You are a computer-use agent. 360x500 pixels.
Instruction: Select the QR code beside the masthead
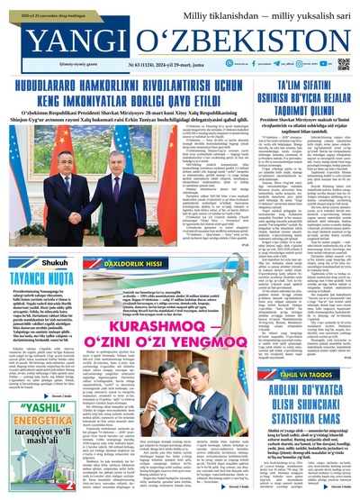[x=344, y=64]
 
